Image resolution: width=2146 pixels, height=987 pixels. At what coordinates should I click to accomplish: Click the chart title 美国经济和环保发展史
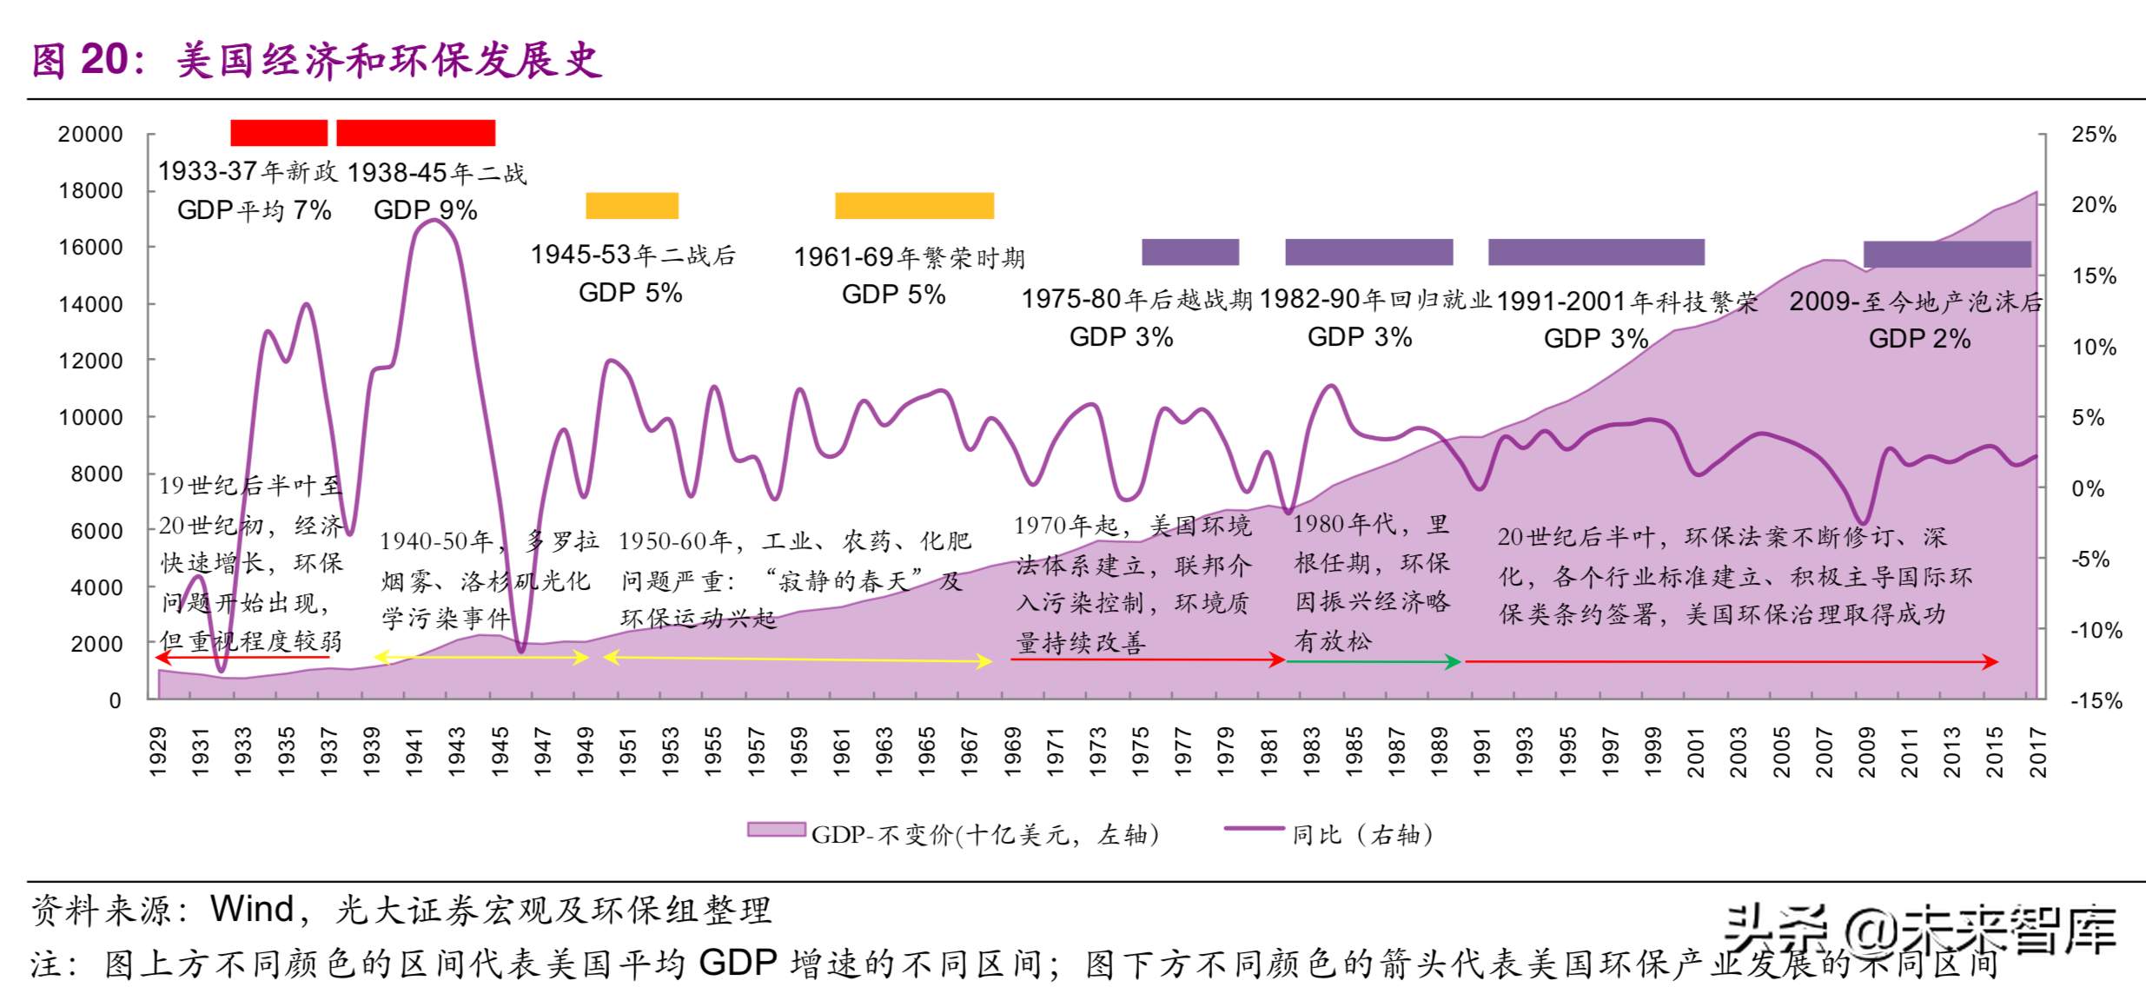click(x=388, y=61)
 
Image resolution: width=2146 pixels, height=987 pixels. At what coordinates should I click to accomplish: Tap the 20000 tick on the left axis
click(x=90, y=135)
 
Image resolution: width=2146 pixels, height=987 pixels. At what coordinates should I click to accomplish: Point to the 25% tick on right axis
click(x=2094, y=135)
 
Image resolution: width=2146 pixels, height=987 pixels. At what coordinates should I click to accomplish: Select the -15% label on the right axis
click(x=2096, y=700)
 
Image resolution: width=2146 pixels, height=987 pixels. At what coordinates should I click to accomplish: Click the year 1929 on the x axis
click(x=158, y=752)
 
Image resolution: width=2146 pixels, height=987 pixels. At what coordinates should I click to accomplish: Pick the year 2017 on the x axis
click(x=2037, y=752)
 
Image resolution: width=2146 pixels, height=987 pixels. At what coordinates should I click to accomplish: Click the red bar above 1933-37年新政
click(x=279, y=133)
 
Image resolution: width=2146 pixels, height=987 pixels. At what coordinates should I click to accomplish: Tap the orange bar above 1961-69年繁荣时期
click(x=914, y=206)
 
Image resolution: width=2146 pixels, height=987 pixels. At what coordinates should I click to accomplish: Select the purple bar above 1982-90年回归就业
click(x=1368, y=252)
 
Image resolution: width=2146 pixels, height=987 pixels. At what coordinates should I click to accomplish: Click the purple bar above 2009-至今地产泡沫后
click(x=1947, y=255)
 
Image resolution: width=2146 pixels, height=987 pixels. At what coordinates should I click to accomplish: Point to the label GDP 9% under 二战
click(x=425, y=210)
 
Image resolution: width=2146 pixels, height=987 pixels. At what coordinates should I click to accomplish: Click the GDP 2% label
click(x=1919, y=339)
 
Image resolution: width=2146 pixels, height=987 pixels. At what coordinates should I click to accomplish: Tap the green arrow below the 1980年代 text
click(x=1373, y=662)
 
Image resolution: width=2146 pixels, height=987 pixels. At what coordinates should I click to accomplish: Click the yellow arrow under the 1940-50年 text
click(x=481, y=658)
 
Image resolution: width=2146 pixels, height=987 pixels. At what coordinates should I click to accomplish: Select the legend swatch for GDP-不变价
click(x=776, y=830)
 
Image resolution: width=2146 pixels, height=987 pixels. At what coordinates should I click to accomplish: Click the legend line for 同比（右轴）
click(x=1254, y=828)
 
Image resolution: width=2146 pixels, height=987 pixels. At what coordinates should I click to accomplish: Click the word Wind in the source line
click(x=252, y=910)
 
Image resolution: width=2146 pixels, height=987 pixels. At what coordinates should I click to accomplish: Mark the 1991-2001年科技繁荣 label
click(x=1626, y=302)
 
